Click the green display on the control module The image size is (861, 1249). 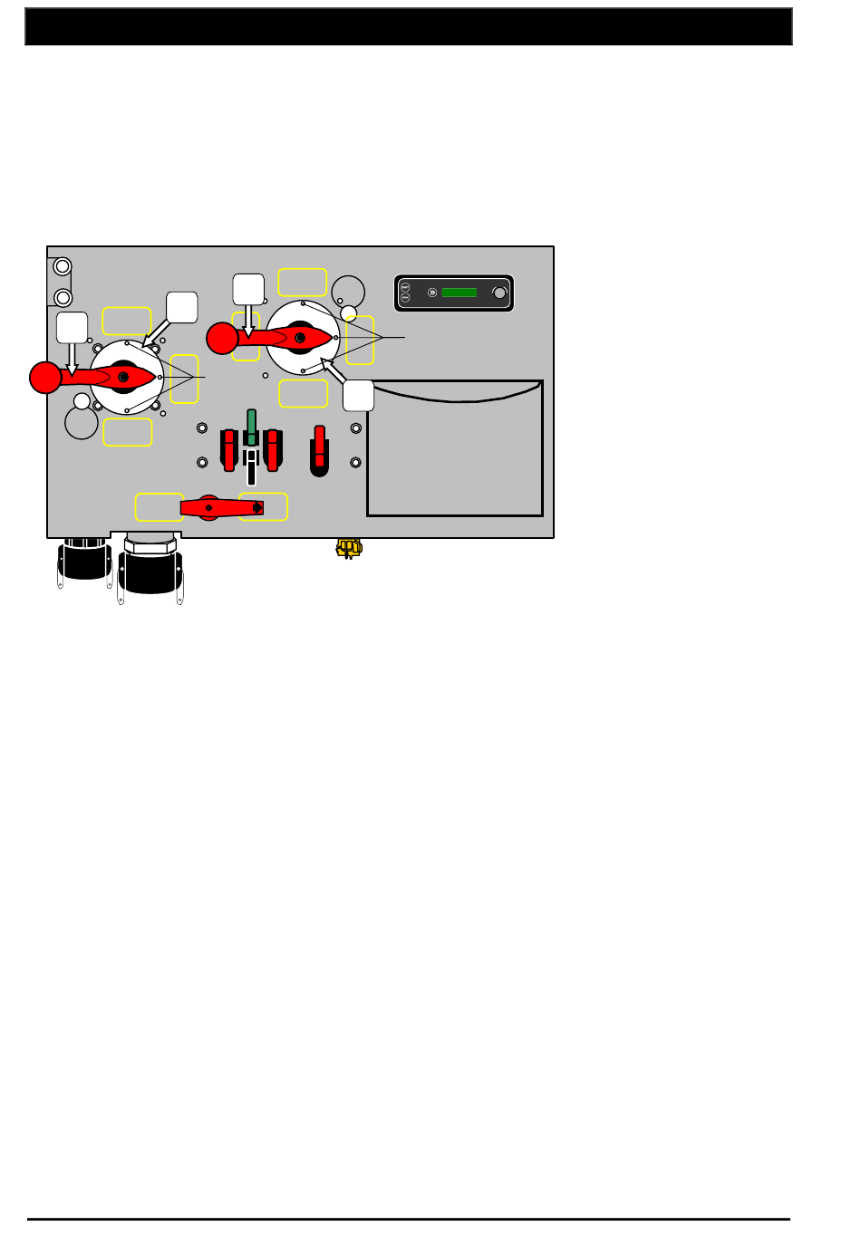point(459,293)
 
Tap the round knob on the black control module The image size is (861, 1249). point(499,293)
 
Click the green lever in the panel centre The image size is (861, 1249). point(251,426)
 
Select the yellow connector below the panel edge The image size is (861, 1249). point(349,547)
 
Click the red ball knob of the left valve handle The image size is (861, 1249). point(44,377)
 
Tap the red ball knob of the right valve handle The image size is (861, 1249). point(222,338)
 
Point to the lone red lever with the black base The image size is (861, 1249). point(319,448)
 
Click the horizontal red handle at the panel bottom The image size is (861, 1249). point(222,507)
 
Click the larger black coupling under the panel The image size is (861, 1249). point(150,569)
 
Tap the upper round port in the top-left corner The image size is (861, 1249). point(63,266)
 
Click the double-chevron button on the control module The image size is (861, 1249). point(432,293)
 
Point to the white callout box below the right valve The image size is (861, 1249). point(359,396)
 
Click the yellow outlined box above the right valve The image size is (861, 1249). point(302,282)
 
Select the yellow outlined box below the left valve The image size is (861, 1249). point(128,432)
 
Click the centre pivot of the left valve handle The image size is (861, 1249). point(123,376)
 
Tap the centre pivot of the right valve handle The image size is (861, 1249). point(300,338)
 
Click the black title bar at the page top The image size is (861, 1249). point(408,27)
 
